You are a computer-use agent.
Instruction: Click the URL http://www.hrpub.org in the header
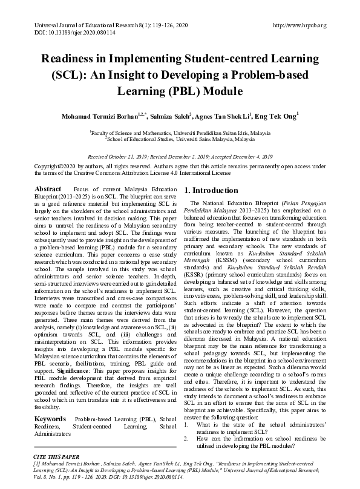[299, 25]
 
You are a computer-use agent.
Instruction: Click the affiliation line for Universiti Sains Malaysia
[180, 139]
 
